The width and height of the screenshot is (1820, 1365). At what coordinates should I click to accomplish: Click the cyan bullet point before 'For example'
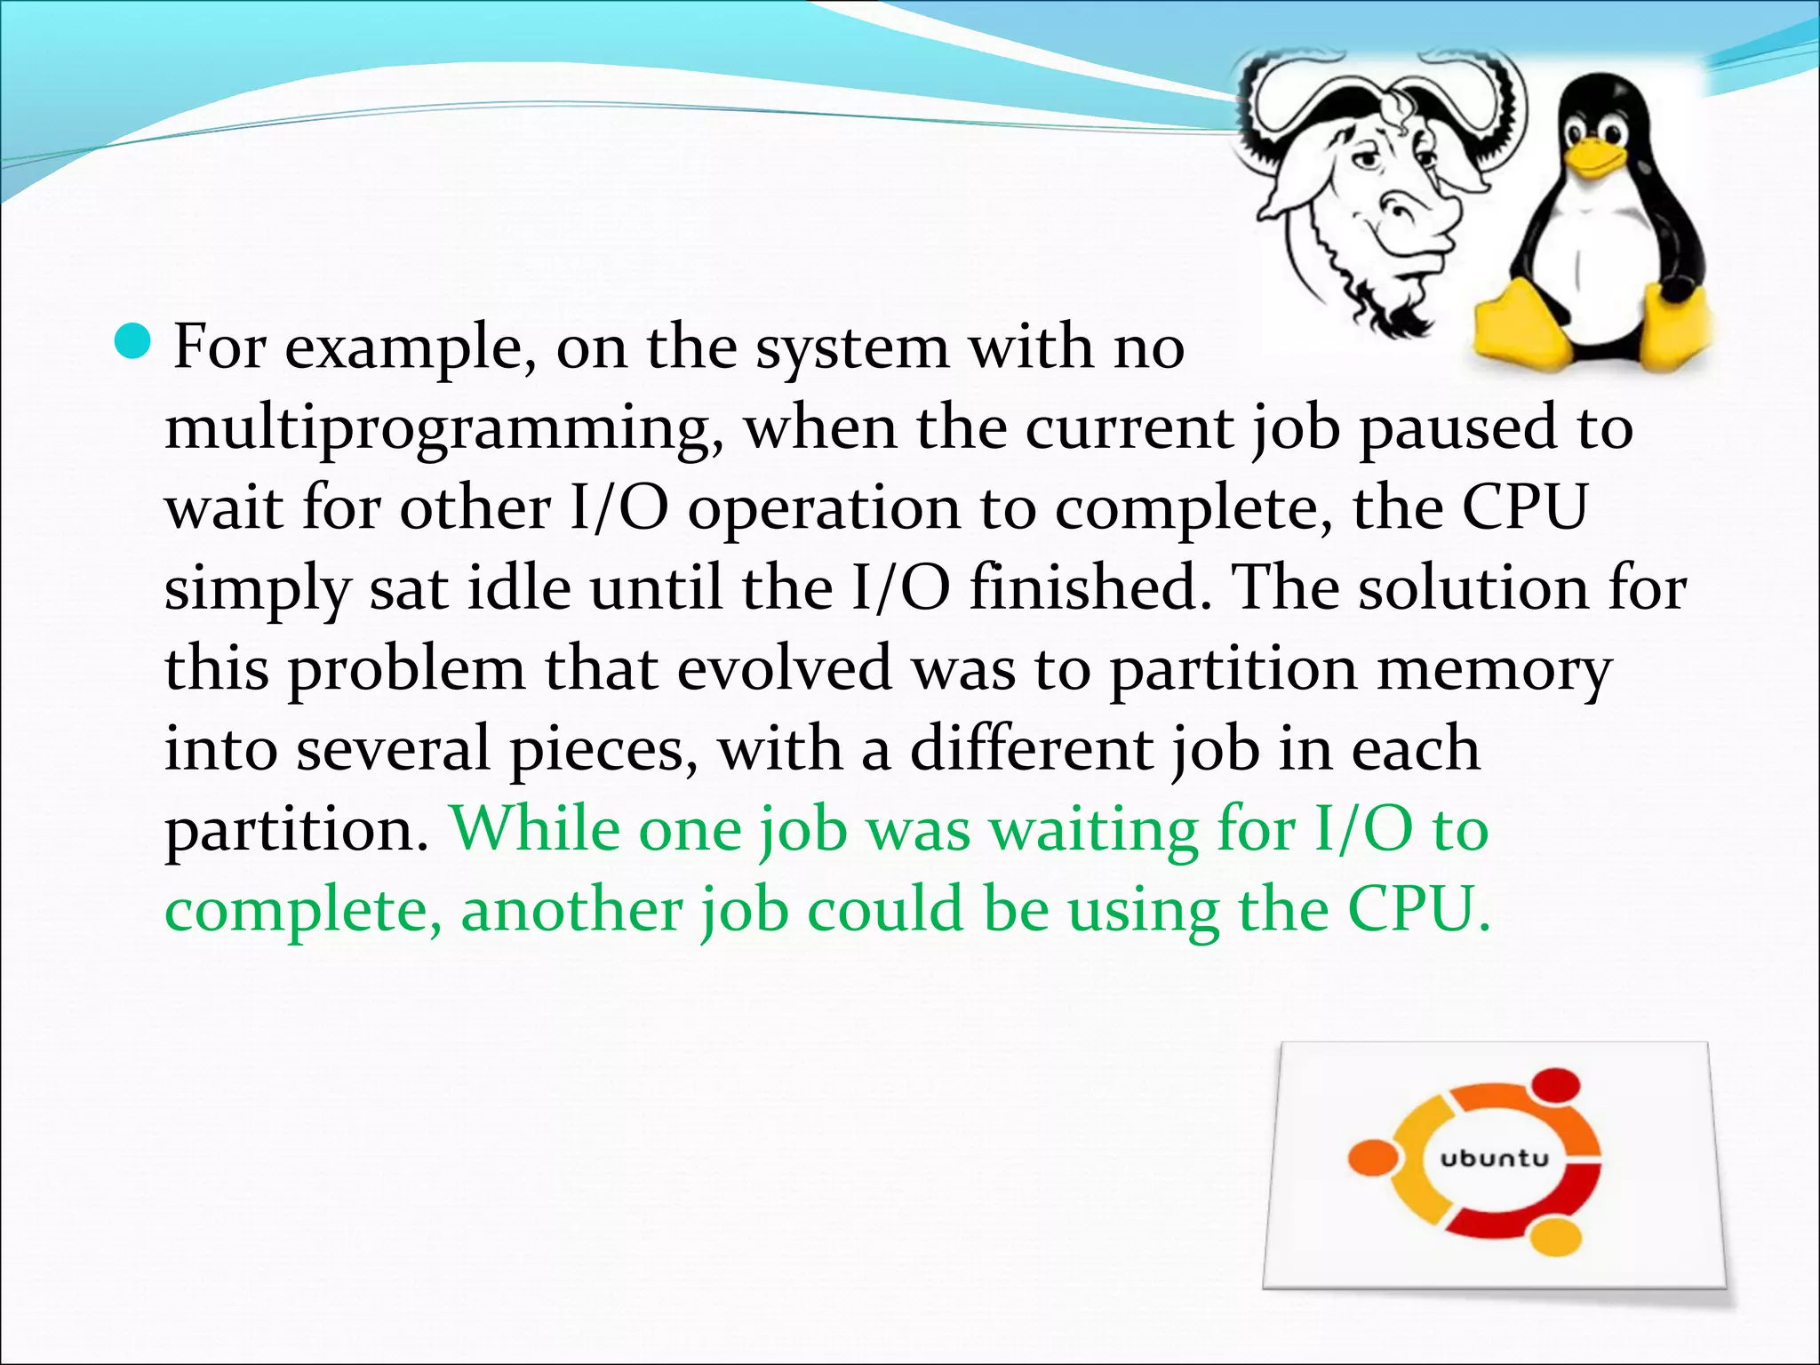tap(134, 342)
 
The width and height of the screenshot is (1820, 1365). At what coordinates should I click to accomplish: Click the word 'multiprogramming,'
tap(443, 430)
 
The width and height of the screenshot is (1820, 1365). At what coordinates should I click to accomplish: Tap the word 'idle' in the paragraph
tap(519, 588)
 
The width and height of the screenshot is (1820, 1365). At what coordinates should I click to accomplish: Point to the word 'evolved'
tap(784, 668)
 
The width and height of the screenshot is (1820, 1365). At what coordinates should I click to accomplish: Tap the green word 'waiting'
tap(1095, 831)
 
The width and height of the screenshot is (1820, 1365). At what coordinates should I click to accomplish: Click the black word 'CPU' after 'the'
tap(1525, 508)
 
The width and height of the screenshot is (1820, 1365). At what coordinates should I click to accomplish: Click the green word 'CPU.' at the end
tap(1419, 909)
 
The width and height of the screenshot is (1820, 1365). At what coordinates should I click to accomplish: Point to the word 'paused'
tap(1458, 430)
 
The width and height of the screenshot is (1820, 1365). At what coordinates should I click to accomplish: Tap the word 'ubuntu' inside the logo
tap(1494, 1159)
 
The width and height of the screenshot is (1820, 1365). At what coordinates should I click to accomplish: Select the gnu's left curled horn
tap(1280, 107)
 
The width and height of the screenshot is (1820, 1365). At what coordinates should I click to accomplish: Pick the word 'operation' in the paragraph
tap(824, 510)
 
